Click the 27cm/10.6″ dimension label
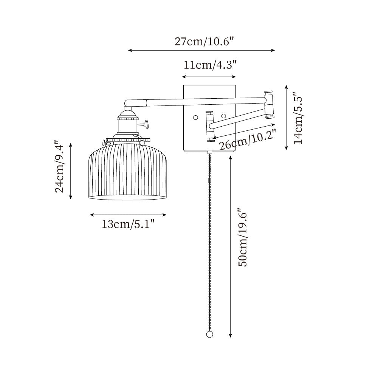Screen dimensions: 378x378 202,41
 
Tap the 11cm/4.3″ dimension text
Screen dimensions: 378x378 210,65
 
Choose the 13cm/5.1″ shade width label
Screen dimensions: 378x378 128,225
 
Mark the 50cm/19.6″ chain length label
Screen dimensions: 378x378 242,237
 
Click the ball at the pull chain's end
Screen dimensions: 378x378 210,335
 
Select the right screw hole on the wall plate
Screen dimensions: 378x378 224,116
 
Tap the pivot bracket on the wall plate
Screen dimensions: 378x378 209,127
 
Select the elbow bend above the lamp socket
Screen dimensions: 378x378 127,102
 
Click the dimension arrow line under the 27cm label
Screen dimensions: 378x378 201,50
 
